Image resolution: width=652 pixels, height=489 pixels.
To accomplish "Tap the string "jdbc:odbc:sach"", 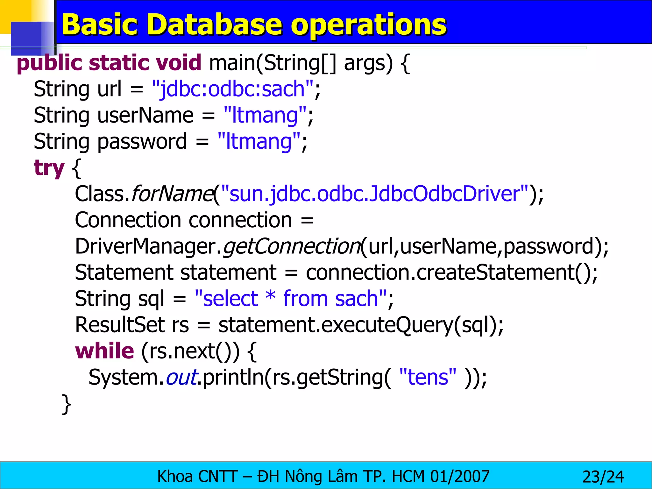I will coord(233,89).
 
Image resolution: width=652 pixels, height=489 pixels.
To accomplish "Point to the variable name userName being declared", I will coord(145,115).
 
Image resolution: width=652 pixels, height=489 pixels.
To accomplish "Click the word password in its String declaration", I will coord(142,141).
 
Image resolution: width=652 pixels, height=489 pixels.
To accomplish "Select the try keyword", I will coord(49,168).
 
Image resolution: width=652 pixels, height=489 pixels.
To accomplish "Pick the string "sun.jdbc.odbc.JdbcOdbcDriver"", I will coord(374,194).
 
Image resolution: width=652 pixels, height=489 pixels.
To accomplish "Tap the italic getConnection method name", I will coord(291,246).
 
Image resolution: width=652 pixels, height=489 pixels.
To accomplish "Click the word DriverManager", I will coord(146,246).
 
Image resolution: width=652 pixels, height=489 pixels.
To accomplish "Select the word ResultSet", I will coord(120,325).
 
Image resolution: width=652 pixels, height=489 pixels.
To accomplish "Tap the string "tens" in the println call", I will coord(428,377).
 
